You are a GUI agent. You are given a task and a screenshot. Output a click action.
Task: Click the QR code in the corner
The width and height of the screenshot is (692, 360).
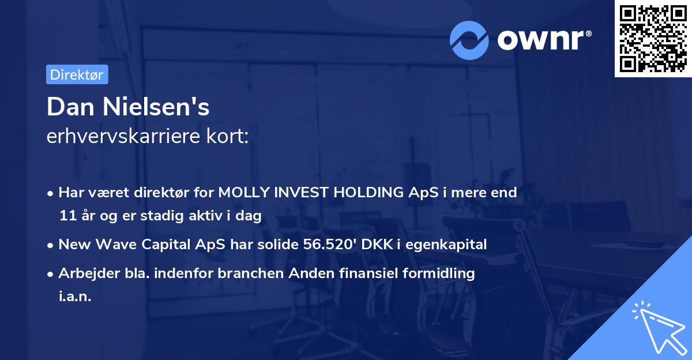[x=653, y=39]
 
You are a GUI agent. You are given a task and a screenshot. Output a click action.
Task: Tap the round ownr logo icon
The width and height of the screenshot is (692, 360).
[x=469, y=40]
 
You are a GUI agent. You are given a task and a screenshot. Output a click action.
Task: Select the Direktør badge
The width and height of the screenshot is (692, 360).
[x=77, y=74]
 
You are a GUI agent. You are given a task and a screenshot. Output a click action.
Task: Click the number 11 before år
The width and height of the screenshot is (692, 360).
[x=67, y=216]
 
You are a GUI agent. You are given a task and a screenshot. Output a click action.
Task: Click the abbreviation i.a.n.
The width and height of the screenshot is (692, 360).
[x=75, y=297]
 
